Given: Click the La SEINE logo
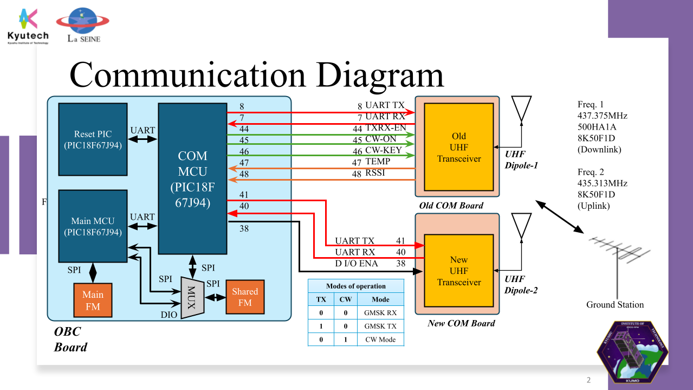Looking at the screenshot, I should [83, 25].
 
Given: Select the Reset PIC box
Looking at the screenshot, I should [93, 139].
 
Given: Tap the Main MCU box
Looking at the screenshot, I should [93, 226].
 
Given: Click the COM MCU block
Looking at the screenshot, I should [192, 179].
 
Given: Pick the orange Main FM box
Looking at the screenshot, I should [93, 300].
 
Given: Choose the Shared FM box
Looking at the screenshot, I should [245, 297].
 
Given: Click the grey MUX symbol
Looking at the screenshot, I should [192, 297].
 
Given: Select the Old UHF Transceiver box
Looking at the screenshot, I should [459, 147].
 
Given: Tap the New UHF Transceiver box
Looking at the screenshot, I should [459, 271].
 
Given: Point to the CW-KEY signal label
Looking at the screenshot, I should [384, 150].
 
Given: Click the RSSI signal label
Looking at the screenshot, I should [375, 174].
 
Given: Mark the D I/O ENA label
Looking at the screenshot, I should [357, 264].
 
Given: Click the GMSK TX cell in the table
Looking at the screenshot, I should [380, 326].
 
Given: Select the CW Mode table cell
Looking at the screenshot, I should [380, 340].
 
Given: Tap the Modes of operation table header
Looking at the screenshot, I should [355, 286].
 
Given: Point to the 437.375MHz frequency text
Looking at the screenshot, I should [603, 116].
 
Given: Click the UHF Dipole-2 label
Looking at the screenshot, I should [521, 284].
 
